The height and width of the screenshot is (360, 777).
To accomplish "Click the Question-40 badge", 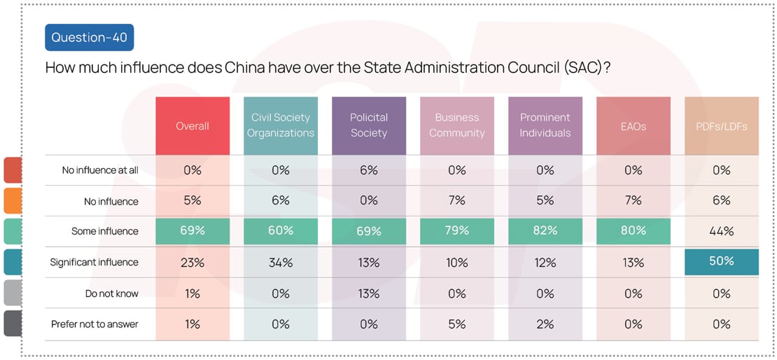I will [x=89, y=37].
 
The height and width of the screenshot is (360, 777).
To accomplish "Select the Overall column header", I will [x=192, y=126].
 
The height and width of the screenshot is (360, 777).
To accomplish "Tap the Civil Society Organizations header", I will [x=281, y=125].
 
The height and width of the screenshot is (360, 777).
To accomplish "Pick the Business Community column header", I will [x=456, y=125].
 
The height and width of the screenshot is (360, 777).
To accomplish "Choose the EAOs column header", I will [x=633, y=126].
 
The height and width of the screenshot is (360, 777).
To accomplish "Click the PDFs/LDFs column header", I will [x=721, y=126].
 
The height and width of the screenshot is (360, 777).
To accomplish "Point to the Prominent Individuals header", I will [x=545, y=125].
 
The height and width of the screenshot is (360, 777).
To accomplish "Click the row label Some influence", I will [x=105, y=231].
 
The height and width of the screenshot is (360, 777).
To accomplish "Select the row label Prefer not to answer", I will [x=94, y=324].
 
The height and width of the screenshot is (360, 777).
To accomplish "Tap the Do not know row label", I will [x=112, y=293].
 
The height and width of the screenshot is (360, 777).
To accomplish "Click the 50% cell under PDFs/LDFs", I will [x=721, y=261].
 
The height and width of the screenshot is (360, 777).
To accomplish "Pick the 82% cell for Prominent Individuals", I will [x=545, y=230].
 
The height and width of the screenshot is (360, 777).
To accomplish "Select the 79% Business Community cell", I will [x=456, y=230].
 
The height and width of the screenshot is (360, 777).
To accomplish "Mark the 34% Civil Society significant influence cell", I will [x=281, y=263].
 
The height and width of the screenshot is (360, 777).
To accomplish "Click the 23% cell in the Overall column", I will [x=192, y=263].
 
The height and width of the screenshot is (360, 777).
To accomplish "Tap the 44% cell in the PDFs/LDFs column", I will [x=721, y=230].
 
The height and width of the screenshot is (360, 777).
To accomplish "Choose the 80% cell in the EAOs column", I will [x=633, y=230].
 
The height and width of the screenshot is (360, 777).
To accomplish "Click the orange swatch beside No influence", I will [x=13, y=201].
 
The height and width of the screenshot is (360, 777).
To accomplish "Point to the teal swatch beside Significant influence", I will [x=13, y=263].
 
